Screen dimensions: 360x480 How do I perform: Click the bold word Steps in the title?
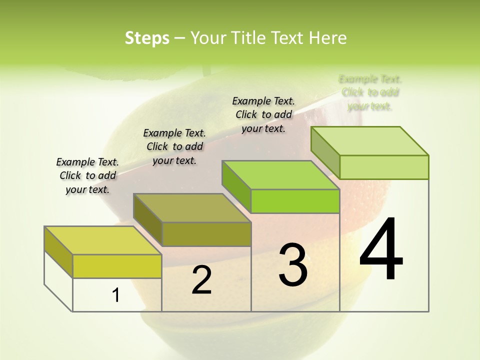tap(147, 38)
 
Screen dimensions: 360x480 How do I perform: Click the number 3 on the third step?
tap(293, 264)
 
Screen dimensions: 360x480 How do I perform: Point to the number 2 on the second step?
tap(201, 280)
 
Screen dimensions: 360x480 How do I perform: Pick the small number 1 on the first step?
tap(116, 295)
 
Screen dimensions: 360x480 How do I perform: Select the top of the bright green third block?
tap(280, 175)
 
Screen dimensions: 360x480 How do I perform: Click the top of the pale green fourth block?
tap(369, 141)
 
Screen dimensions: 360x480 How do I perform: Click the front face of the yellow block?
tap(117, 266)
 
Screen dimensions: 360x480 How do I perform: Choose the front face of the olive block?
tap(206, 234)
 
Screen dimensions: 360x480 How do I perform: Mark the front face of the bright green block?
tap(295, 201)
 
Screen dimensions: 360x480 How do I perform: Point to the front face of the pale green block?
tap(384, 167)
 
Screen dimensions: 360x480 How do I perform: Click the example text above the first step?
tap(87, 175)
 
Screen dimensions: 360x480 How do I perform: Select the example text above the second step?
tap(174, 146)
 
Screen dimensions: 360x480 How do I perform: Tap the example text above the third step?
tap(263, 114)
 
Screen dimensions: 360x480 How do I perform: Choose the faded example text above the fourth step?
tap(370, 92)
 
